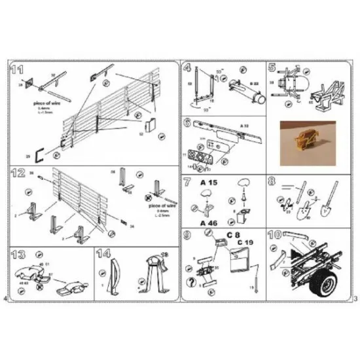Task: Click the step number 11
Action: (x=18, y=69)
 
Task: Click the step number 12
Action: (x=18, y=173)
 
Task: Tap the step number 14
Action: (x=103, y=254)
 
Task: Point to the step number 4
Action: (x=188, y=67)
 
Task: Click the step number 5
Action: (x=272, y=67)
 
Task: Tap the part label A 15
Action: (x=208, y=184)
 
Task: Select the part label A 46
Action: (x=208, y=223)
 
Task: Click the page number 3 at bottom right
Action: (x=353, y=298)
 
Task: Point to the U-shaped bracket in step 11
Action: (x=39, y=154)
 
